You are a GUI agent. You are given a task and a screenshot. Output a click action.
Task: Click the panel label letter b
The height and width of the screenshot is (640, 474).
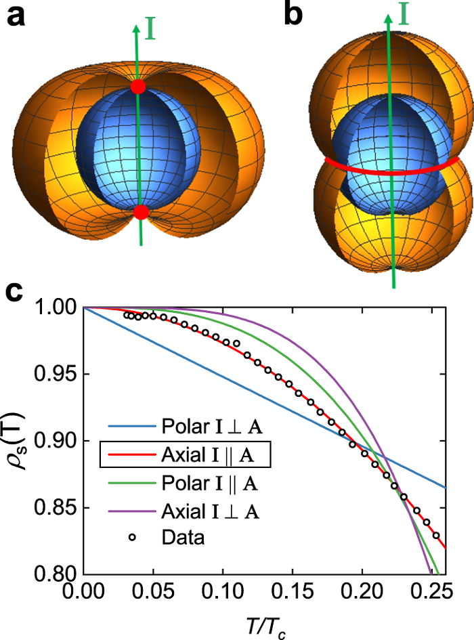[x=294, y=15]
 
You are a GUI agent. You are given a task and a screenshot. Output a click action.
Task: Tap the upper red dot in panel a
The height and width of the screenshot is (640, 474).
[x=137, y=87]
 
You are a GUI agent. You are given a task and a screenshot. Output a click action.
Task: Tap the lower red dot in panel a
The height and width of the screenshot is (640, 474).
[x=140, y=213]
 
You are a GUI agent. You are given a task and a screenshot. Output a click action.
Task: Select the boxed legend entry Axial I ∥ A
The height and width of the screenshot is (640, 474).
[x=187, y=455]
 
